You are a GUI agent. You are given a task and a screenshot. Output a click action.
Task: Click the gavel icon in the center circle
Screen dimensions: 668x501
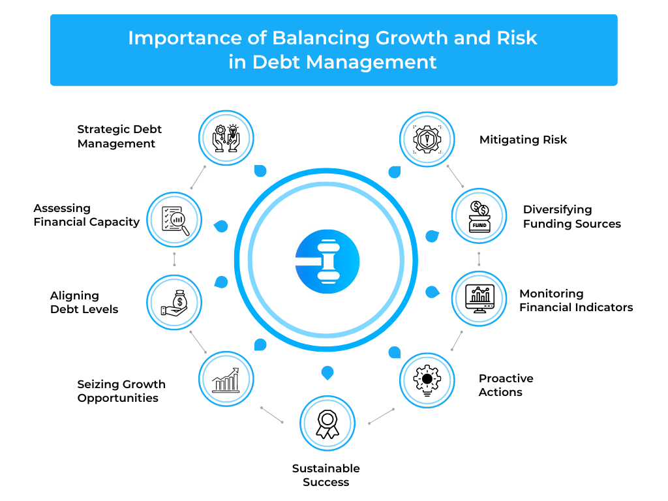[x=327, y=261]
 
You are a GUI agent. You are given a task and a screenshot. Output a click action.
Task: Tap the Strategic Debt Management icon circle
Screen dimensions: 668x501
[x=226, y=138]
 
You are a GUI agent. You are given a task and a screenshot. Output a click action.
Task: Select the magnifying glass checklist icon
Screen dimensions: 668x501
[x=175, y=220]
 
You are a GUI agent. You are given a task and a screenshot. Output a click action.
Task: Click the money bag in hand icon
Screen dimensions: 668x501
[x=174, y=303]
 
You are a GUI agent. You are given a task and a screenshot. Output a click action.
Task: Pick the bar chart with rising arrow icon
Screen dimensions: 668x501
[x=226, y=380]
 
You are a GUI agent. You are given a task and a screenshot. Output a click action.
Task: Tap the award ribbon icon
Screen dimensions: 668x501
[x=327, y=424]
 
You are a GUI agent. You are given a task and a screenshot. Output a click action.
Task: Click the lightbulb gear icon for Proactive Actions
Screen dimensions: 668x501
[x=427, y=380]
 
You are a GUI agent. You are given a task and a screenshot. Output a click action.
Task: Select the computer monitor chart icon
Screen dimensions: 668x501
[x=479, y=299]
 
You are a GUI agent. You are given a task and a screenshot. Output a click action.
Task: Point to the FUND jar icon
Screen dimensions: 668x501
[x=479, y=217]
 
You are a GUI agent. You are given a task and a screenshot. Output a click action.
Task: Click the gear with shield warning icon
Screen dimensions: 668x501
[x=427, y=140]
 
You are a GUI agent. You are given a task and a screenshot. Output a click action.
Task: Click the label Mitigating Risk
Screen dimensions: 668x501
[x=523, y=140]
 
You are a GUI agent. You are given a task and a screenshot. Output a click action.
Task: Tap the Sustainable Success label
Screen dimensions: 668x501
[x=326, y=475]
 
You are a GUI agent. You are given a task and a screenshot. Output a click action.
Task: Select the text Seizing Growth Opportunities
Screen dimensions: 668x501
[x=121, y=391]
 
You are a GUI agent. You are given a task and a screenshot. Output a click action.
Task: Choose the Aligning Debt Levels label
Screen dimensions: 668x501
[x=84, y=303]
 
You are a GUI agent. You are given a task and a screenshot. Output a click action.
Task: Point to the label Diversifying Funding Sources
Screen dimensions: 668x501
[x=571, y=217]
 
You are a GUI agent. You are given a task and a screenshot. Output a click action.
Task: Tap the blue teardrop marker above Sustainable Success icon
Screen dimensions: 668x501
[x=327, y=372]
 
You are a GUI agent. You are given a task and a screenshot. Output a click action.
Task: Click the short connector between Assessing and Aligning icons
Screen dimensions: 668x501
[x=174, y=259]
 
